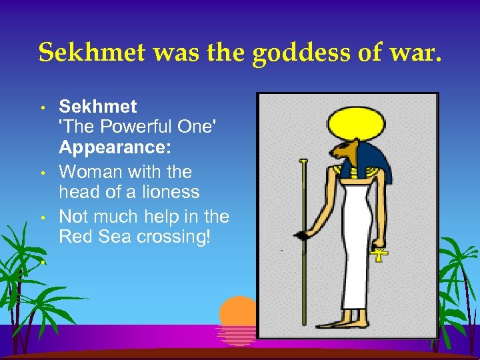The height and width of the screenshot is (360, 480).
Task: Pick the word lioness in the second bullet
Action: coord(168,192)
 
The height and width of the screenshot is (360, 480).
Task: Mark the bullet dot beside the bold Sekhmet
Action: coord(42,107)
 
